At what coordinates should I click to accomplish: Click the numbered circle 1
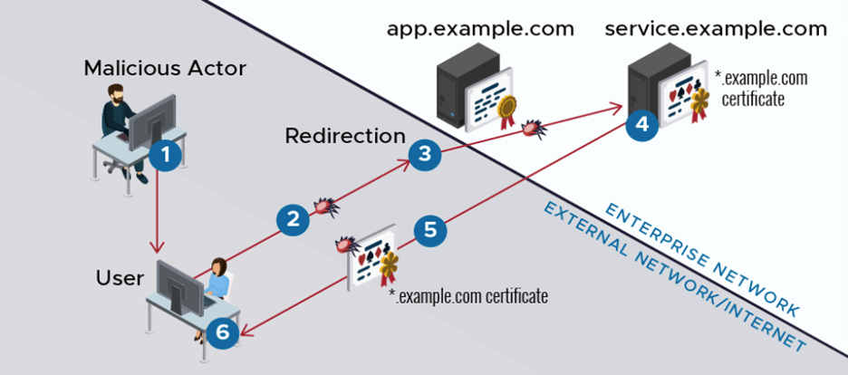[165, 155]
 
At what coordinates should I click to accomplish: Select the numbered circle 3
[425, 155]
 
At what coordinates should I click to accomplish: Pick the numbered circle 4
[642, 123]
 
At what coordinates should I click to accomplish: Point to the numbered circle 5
[430, 230]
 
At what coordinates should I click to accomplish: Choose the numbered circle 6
[224, 332]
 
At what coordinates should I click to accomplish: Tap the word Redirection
[345, 137]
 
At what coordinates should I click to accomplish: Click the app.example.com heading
[480, 29]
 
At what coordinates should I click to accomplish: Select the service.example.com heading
[716, 29]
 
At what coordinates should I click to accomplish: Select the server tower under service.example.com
[649, 86]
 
